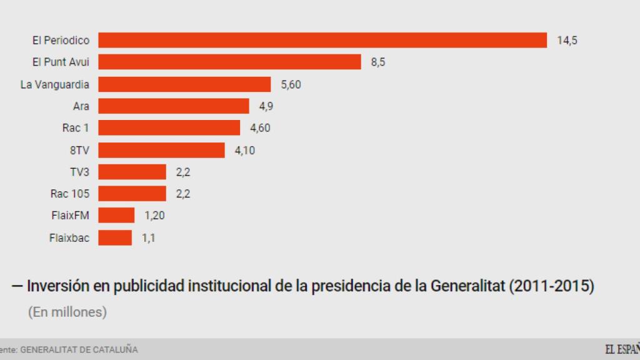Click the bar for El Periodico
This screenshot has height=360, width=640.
point(322,40)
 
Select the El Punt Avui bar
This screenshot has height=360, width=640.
point(229,62)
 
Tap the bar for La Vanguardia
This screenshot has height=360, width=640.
point(184,84)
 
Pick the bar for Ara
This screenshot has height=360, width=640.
point(174,106)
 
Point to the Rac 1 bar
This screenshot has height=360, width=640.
point(169,128)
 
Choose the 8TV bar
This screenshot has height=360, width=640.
point(161,150)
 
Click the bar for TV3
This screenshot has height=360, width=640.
point(132,172)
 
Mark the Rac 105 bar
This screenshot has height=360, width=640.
point(132,194)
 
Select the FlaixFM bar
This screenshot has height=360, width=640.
point(116,216)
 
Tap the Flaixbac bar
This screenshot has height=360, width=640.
point(115,237)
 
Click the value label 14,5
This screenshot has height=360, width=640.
point(567,41)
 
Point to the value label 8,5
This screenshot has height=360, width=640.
point(378,62)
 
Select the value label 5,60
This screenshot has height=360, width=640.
point(291,84)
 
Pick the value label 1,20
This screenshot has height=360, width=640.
point(154,216)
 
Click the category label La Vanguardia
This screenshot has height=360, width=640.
point(55,84)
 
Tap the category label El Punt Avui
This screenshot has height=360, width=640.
point(61,62)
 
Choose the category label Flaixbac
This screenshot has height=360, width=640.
point(69,237)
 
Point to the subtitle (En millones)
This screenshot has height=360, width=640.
point(67,312)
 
